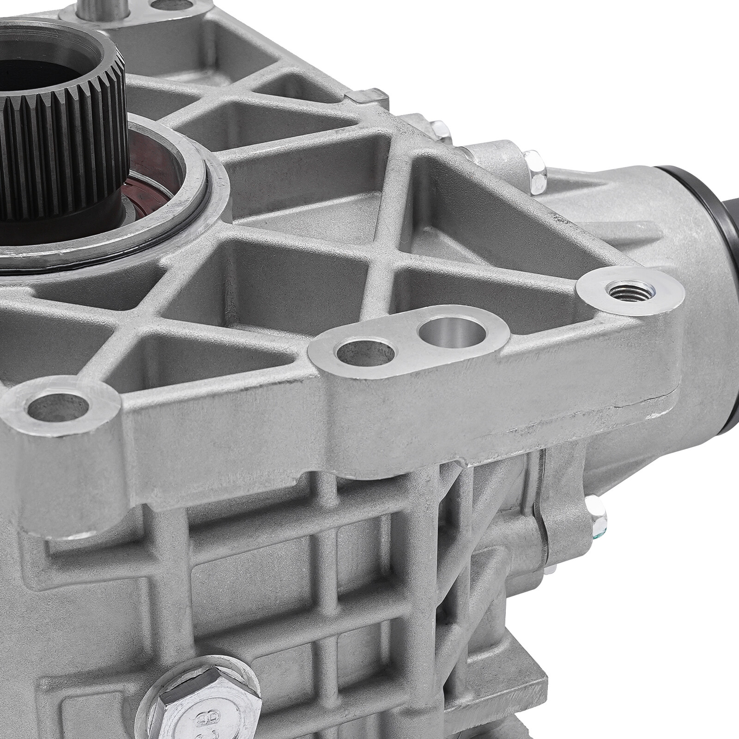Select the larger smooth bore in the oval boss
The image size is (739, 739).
point(451,332)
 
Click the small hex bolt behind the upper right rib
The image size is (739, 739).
point(441,129)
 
